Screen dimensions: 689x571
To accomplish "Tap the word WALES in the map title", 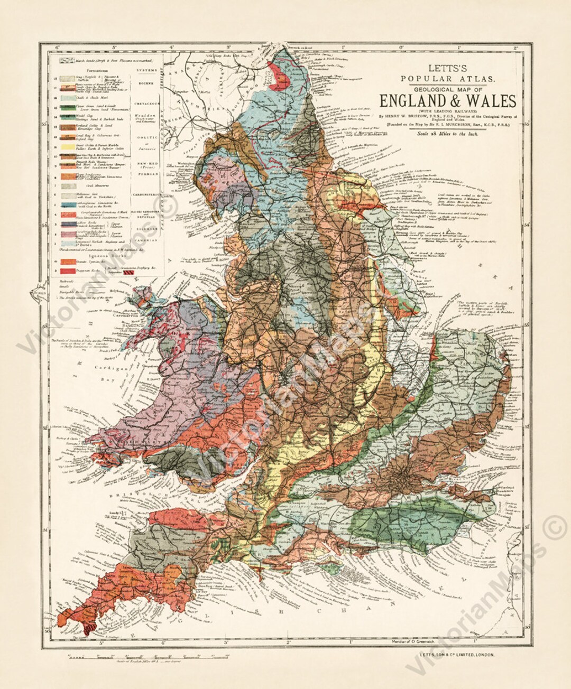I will pos(490,101).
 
